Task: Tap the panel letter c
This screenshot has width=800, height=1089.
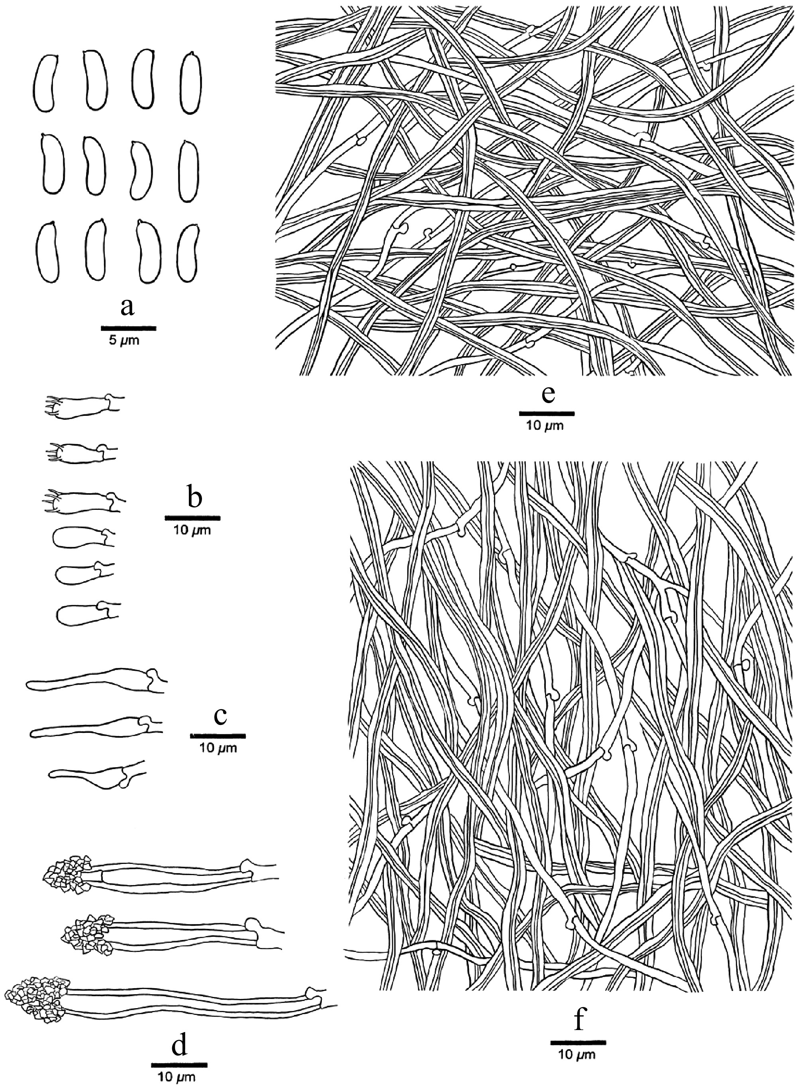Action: point(220,717)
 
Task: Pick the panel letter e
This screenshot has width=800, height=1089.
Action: point(546,396)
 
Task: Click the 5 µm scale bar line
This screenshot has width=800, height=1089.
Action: point(129,328)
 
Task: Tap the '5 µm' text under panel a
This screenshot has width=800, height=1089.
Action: point(124,341)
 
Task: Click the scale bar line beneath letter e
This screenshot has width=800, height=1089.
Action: point(547,414)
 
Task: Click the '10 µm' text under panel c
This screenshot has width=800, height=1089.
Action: point(218,748)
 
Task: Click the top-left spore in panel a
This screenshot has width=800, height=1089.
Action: point(47,83)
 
